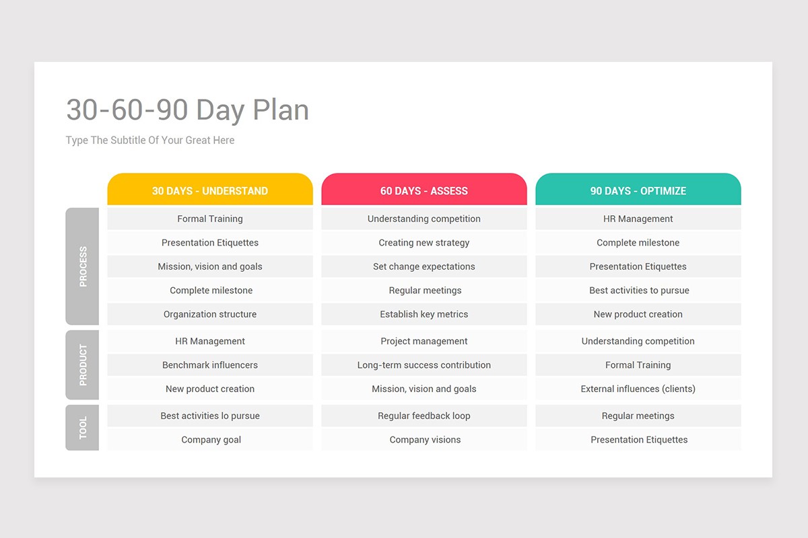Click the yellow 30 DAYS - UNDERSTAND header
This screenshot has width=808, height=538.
[210, 189]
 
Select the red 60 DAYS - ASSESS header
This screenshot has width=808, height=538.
[424, 189]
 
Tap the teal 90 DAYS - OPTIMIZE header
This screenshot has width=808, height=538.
[638, 189]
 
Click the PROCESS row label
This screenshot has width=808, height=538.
[82, 266]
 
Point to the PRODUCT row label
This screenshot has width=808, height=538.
[82, 364]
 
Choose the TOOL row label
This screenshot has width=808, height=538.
[82, 427]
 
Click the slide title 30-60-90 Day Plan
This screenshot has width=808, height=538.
[188, 110]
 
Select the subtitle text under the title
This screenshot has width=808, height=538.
[150, 140]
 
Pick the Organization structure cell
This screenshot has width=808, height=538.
[210, 314]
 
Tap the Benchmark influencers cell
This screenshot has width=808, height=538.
[210, 365]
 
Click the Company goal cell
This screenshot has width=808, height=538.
[210, 440]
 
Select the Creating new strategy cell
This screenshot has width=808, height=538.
[424, 243]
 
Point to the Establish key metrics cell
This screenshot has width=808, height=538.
[424, 314]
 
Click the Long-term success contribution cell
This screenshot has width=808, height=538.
[424, 365]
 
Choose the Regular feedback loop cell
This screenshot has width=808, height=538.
[424, 416]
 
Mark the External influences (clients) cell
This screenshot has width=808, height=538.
[638, 389]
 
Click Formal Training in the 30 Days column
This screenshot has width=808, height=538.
[210, 219]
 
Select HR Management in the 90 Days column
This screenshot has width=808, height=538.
[638, 219]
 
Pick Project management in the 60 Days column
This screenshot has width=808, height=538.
[424, 341]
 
